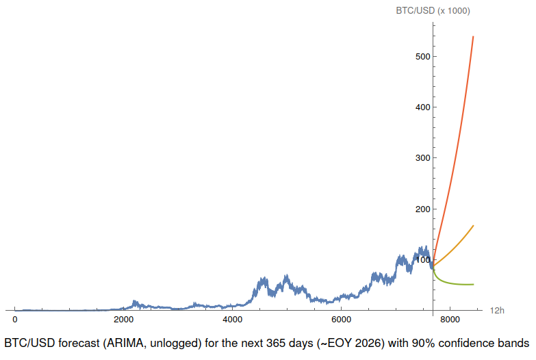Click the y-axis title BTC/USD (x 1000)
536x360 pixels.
[433, 10]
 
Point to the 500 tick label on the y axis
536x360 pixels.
[422, 56]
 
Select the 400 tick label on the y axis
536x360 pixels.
[422, 107]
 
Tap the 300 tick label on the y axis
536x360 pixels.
[422, 158]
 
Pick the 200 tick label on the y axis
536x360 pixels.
[422, 209]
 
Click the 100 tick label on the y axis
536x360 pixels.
[422, 259]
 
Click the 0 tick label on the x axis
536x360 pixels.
[15, 320]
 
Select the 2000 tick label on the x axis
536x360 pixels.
[123, 320]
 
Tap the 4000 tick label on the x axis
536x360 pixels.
[232, 320]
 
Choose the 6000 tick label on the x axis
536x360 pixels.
[341, 320]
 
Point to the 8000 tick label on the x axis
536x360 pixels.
[449, 320]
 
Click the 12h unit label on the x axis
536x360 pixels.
[497, 311]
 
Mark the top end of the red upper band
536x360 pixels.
[473, 36]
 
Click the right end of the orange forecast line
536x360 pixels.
[473, 226]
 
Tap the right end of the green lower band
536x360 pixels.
[473, 284]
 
